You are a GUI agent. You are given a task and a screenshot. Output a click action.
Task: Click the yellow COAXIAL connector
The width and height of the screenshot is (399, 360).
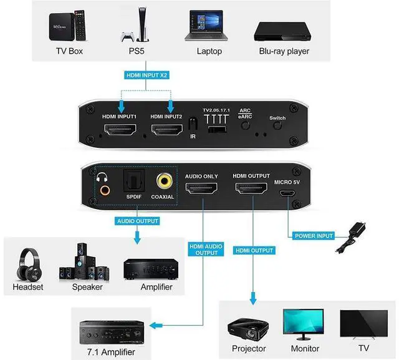[x=165, y=182]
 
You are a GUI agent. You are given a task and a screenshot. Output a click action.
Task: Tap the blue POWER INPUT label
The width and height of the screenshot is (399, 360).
[x=314, y=235]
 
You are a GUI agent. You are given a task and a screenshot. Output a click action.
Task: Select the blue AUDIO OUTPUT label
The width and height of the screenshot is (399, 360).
[x=137, y=220]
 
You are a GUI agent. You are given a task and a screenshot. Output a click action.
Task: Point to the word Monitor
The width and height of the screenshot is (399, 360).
[x=305, y=348]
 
